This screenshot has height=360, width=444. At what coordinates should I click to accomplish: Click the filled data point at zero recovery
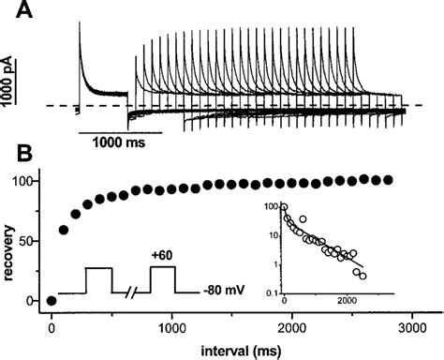click(52, 301)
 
